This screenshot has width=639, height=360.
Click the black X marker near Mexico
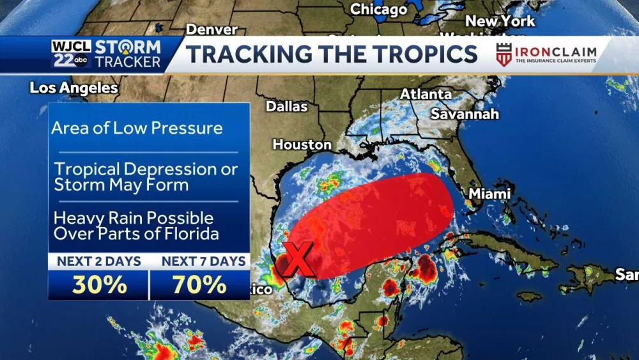[296, 258]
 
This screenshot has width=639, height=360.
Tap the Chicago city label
[378, 10]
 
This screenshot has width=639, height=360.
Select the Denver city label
[212, 29]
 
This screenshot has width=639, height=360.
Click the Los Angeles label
[73, 88]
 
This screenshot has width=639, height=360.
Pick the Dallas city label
[287, 106]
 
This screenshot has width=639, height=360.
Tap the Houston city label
[302, 145]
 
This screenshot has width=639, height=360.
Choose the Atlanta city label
[426, 94]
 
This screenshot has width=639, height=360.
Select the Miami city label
[490, 193]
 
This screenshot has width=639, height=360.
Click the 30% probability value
[99, 285]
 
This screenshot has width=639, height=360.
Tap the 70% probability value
[199, 285]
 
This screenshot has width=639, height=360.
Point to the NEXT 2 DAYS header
[99, 261]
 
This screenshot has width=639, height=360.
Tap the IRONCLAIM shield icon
[504, 54]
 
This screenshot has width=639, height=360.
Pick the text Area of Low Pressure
[137, 128]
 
